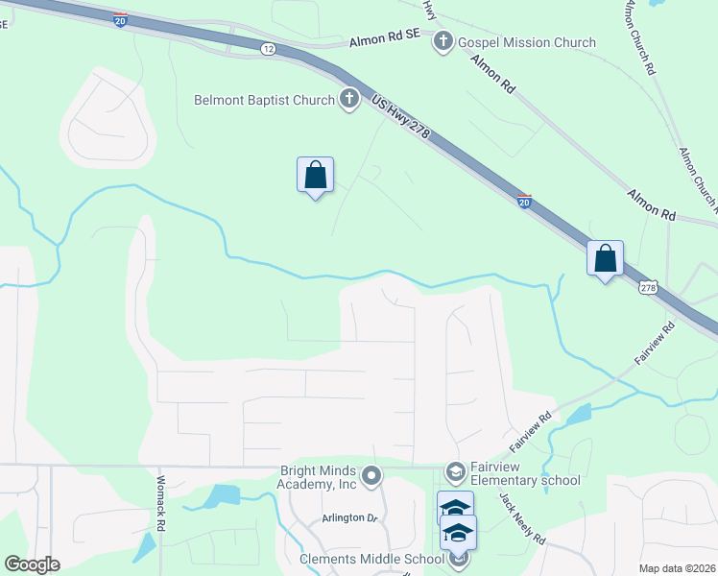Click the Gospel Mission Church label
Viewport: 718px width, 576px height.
tap(527, 42)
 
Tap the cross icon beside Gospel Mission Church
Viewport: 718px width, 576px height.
tap(443, 41)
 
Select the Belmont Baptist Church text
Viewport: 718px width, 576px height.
tap(264, 99)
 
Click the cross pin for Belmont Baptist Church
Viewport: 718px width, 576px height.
tap(348, 99)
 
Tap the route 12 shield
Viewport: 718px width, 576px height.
tap(268, 48)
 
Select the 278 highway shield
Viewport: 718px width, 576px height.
tap(649, 287)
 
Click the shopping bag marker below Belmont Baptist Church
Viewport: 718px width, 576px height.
tap(315, 176)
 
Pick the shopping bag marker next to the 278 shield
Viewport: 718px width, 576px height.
tap(605, 259)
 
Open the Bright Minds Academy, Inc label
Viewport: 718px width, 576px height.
tap(318, 477)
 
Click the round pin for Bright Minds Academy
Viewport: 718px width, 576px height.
tap(371, 475)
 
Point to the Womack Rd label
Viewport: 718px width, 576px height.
tap(161, 504)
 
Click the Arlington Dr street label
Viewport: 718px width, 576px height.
tap(351, 517)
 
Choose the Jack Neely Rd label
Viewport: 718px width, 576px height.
tap(521, 517)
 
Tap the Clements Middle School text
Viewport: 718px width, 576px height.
tap(371, 559)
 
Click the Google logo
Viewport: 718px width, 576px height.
tap(32, 564)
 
